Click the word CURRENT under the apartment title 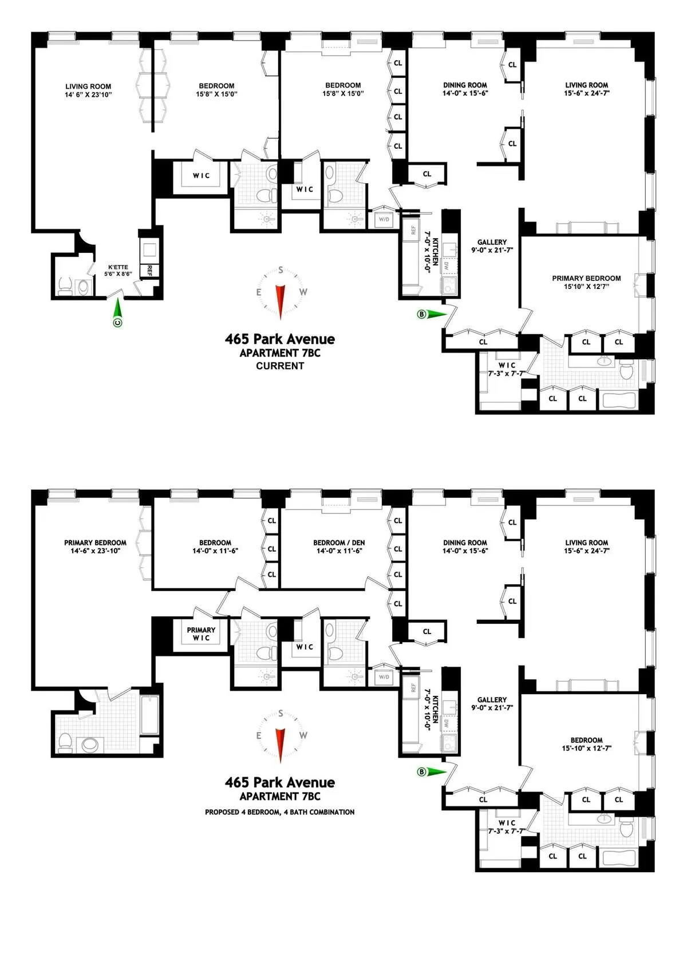point(280,366)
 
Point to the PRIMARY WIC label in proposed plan point(201,634)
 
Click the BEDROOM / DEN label point(339,547)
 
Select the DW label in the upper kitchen point(447,266)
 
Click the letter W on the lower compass point(303,735)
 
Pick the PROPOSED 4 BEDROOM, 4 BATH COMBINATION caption point(279,811)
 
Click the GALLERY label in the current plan point(492,246)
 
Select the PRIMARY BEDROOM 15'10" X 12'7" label point(586,282)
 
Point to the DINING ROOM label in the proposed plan point(465,547)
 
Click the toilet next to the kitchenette point(65,285)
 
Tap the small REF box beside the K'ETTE point(149,270)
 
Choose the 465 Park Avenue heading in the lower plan point(279,782)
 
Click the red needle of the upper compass point(281,298)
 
